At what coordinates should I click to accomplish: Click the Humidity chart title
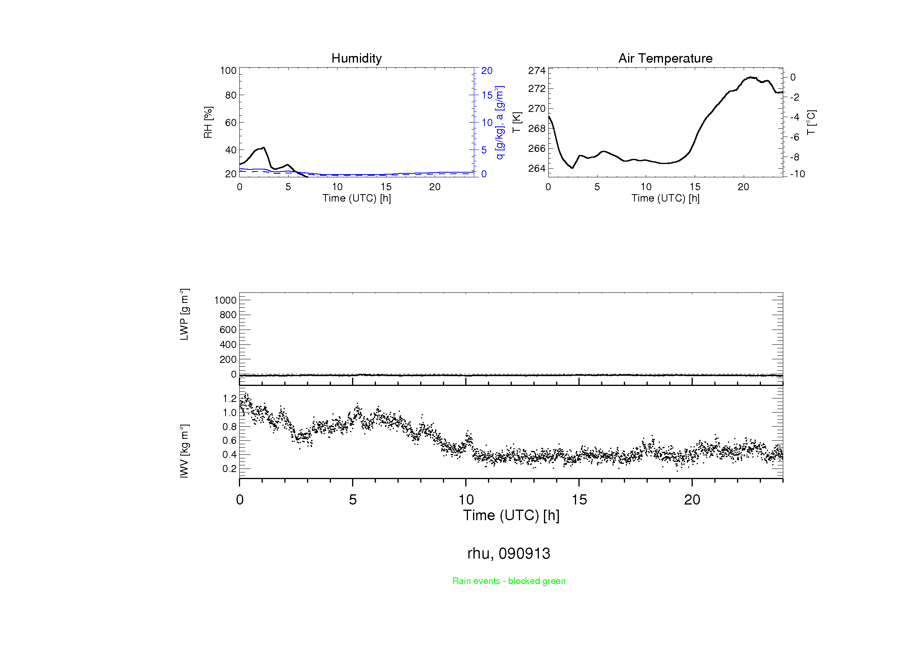coord(356,58)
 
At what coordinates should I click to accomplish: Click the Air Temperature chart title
coord(665,58)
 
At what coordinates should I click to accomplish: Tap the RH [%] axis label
coord(208,123)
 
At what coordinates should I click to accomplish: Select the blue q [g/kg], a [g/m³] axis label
coord(499,123)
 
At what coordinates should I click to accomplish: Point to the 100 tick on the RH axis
coord(228,70)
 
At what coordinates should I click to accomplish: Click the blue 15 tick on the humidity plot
coord(487,95)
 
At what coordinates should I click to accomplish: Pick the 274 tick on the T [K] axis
coord(537,70)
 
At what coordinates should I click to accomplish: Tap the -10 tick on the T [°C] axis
coord(797,174)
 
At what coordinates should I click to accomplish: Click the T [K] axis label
coord(517,123)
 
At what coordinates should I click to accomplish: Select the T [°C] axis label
coord(811,123)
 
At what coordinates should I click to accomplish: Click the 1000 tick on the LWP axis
coord(226,300)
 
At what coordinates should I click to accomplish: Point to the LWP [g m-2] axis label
coord(184,315)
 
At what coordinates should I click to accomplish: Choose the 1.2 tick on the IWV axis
coord(229,398)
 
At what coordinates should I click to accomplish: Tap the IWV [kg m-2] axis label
coord(184,451)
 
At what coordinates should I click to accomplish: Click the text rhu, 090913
coord(509,553)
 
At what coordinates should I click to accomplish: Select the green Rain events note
coord(509,581)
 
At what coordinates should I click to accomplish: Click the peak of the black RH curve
coord(264,148)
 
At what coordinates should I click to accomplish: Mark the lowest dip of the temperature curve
coord(572,168)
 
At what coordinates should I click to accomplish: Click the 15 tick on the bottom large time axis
coord(579,500)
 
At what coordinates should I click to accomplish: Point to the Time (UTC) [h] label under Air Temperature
coord(665,198)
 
